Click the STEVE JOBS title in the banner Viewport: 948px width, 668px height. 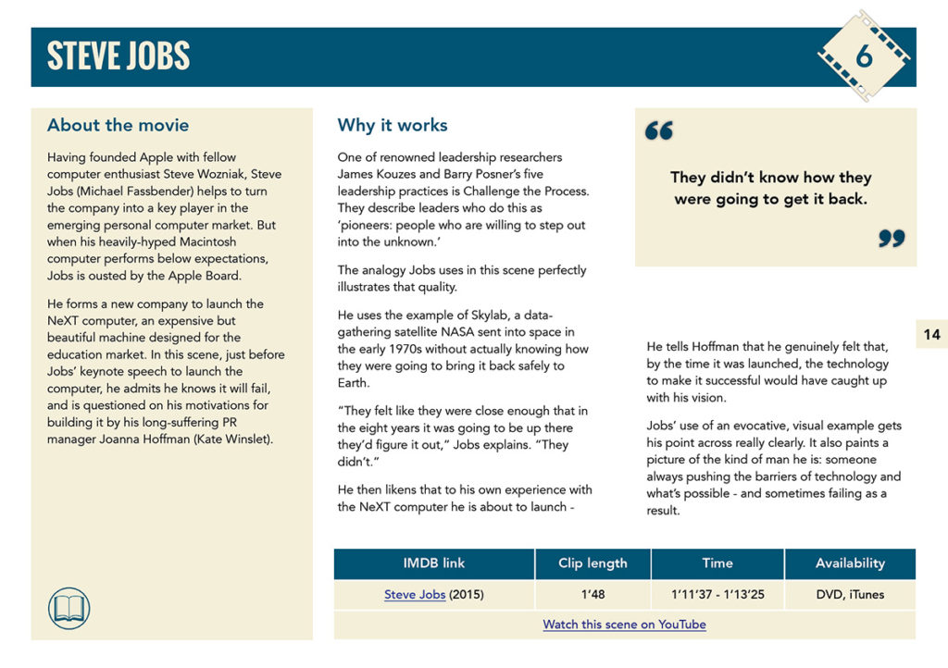pyautogui.click(x=118, y=56)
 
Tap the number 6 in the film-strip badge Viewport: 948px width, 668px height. pyautogui.click(x=864, y=56)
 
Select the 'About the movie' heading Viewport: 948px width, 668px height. pyautogui.click(x=118, y=125)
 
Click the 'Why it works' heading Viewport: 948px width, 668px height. pyautogui.click(x=392, y=125)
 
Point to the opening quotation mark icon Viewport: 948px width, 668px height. pyautogui.click(x=659, y=131)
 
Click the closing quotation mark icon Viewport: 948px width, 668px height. pyautogui.click(x=892, y=239)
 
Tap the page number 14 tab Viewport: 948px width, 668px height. pyautogui.click(x=931, y=335)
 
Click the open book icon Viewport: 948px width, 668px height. pyautogui.click(x=69, y=608)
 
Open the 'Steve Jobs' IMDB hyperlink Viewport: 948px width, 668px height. pyautogui.click(x=415, y=595)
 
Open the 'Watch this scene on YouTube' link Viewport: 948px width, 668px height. pyautogui.click(x=624, y=625)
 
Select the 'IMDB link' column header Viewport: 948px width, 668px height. pyautogui.click(x=434, y=563)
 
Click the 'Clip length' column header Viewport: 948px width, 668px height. pyautogui.click(x=592, y=563)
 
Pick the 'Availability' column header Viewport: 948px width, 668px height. pyautogui.click(x=850, y=563)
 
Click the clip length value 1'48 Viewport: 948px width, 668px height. pyautogui.click(x=592, y=595)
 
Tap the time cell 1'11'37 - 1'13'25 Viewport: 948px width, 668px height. pyautogui.click(x=717, y=595)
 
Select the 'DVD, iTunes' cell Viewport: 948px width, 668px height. pyautogui.click(x=850, y=595)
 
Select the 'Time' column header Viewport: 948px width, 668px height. pyautogui.click(x=717, y=563)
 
